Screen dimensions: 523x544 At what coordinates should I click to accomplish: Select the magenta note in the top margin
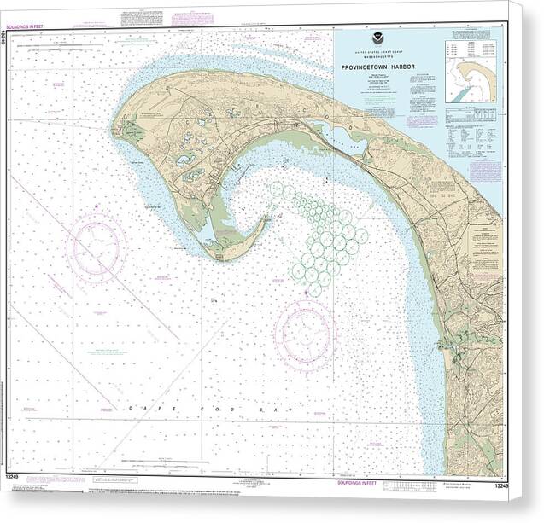click(192, 17)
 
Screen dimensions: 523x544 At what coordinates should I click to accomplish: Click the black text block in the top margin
click(138, 17)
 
